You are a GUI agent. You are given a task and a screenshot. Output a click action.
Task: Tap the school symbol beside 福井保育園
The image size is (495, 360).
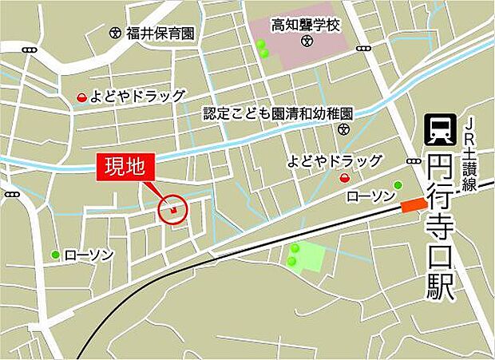[x=116, y=34]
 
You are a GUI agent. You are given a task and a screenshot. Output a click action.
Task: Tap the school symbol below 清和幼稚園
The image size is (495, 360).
[x=343, y=129]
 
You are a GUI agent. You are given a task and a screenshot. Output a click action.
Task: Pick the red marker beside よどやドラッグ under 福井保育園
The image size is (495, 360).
[x=81, y=97]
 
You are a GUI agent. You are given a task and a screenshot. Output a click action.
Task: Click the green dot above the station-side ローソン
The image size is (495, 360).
[x=398, y=185]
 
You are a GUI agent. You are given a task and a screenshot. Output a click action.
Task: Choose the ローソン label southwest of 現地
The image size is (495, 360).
[x=89, y=255]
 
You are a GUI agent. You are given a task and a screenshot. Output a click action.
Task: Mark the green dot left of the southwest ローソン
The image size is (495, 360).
[x=55, y=255]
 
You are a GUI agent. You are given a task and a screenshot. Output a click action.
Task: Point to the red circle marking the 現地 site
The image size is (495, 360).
[x=173, y=211]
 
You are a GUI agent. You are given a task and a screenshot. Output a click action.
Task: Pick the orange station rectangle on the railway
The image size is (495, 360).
[x=414, y=206]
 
